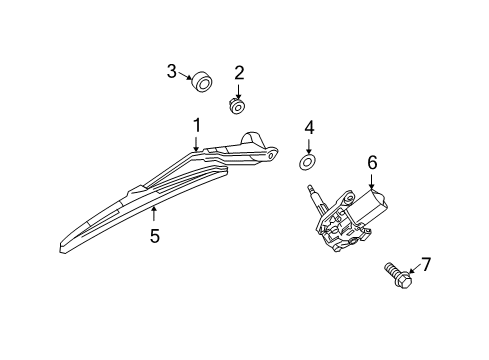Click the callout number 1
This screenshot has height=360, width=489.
[x=197, y=125]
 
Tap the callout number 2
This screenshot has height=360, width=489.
[x=239, y=72]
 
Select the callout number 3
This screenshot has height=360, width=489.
[x=172, y=71]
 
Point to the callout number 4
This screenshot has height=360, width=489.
[x=309, y=127]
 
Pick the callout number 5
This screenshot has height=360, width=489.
[x=155, y=236]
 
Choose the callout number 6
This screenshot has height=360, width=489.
[x=371, y=161]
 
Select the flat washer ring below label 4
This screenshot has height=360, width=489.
[x=309, y=160]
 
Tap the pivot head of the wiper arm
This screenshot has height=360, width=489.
[x=262, y=148]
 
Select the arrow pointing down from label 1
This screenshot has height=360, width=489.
[x=197, y=142]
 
